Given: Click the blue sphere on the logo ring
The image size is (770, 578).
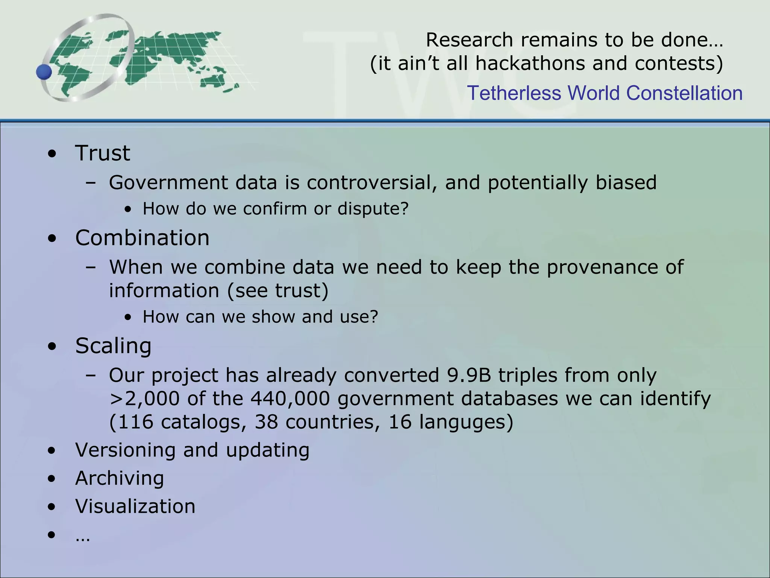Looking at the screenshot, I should [x=44, y=71].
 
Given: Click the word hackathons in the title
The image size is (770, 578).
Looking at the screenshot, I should [x=530, y=63].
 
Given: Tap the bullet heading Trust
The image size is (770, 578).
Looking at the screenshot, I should [x=103, y=153].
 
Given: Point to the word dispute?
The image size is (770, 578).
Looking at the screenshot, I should [x=373, y=209].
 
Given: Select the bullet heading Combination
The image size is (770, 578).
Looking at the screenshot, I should [x=142, y=238].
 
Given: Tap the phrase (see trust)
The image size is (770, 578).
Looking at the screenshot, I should [x=278, y=291].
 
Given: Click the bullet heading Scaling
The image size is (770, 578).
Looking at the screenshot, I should [x=113, y=346].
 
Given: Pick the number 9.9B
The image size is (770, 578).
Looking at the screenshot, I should [x=469, y=375].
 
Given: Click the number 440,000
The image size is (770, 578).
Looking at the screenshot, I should [x=290, y=399].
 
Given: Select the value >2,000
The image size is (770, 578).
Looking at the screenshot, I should [x=144, y=399].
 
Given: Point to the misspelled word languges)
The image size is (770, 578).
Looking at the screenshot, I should [x=466, y=422].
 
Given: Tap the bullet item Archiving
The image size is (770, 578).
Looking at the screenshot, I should [x=120, y=478].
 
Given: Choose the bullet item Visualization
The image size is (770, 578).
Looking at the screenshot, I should [x=135, y=507].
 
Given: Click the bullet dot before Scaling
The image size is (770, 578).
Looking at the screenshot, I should [x=52, y=347].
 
